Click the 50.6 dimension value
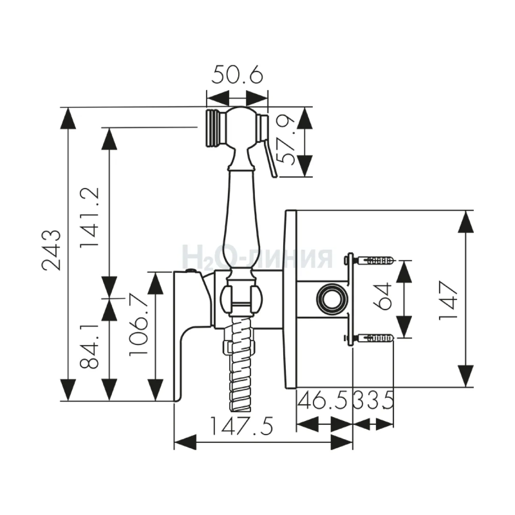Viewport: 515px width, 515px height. [x=237, y=76]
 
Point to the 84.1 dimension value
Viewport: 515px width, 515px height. [x=89, y=345]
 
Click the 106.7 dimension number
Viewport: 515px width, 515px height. [x=138, y=325]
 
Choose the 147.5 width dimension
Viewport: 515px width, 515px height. [x=242, y=425]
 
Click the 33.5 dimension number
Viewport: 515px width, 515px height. [x=374, y=400]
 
